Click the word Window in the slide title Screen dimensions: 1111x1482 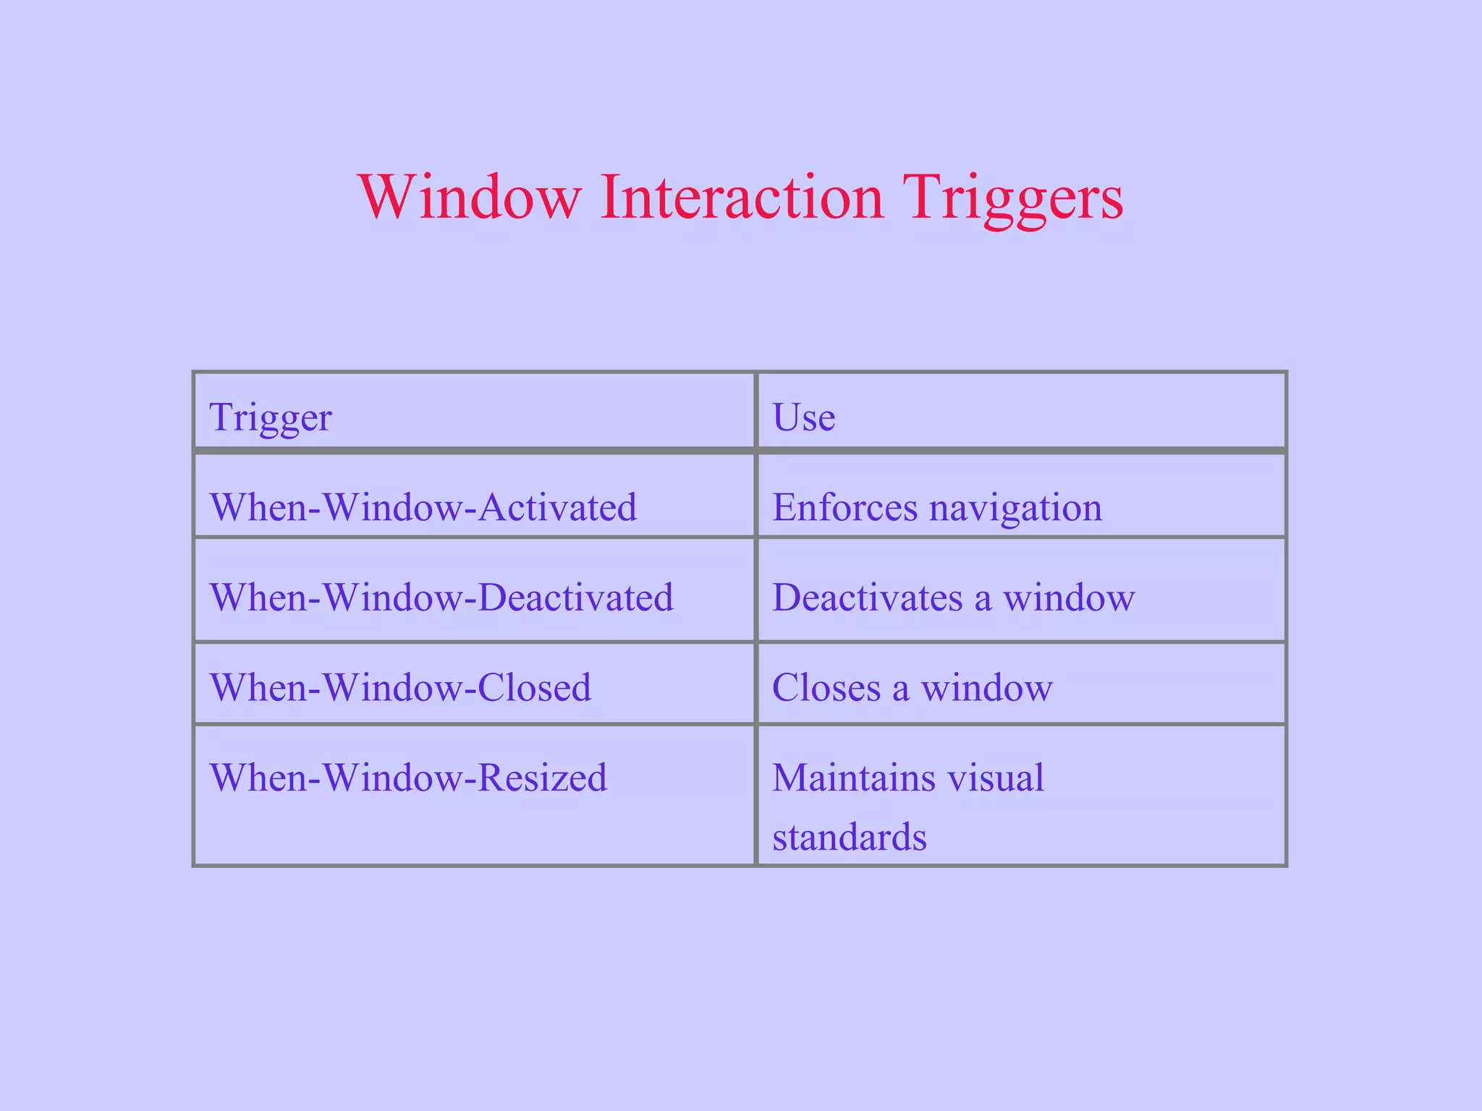click(470, 197)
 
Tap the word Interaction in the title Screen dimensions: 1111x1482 click(742, 197)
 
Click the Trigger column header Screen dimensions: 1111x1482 click(271, 417)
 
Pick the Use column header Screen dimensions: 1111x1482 click(804, 417)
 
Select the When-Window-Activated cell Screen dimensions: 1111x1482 click(423, 507)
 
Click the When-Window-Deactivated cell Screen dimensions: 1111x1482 click(441, 597)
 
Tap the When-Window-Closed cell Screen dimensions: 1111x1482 click(400, 687)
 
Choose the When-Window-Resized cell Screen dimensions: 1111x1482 click(408, 778)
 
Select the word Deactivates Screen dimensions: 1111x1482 click(867, 597)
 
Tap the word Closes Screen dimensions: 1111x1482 click(826, 687)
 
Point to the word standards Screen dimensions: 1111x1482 click(850, 837)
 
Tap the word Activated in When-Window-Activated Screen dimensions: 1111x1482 click(557, 507)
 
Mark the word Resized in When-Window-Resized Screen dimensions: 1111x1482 click(542, 778)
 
